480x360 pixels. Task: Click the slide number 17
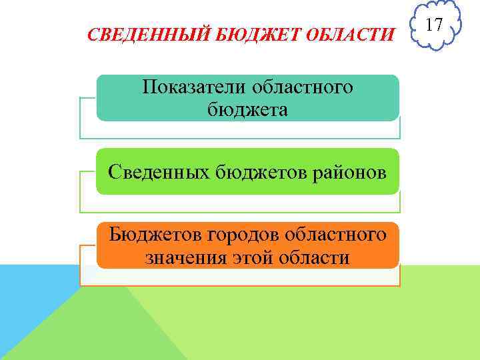(x=434, y=25)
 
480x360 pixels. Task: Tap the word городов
(x=245, y=235)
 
